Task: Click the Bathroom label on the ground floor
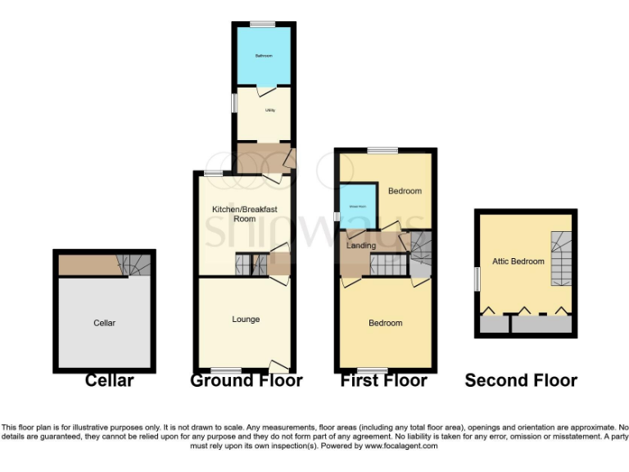(x=263, y=56)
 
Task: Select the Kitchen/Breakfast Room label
(x=245, y=214)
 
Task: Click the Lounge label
(x=246, y=319)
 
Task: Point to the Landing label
(x=361, y=246)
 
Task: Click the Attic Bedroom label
(x=518, y=261)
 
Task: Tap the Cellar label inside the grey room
(x=104, y=323)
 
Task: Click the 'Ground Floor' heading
(x=246, y=381)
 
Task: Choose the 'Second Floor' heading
(x=521, y=381)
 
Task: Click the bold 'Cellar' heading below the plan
(x=109, y=381)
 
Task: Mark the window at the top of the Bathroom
(x=262, y=24)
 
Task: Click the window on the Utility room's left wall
(x=233, y=103)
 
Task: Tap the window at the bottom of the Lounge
(x=221, y=370)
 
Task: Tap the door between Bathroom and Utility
(x=264, y=87)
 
